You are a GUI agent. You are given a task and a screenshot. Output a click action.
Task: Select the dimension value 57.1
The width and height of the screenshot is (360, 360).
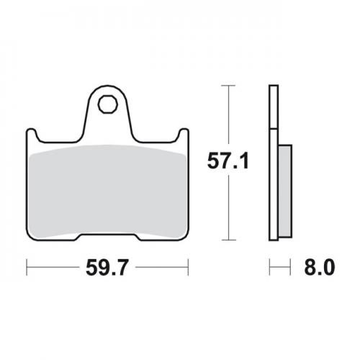tap(228, 162)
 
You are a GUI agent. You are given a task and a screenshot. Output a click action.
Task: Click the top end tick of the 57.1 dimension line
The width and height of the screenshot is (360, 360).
tap(228, 86)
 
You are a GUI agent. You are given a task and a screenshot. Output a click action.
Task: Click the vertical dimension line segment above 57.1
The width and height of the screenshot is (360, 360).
tap(228, 115)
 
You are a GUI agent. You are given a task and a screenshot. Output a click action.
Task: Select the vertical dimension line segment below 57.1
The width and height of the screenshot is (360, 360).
tap(228, 209)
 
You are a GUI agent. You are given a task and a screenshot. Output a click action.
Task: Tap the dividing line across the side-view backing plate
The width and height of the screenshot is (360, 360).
tap(273, 129)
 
